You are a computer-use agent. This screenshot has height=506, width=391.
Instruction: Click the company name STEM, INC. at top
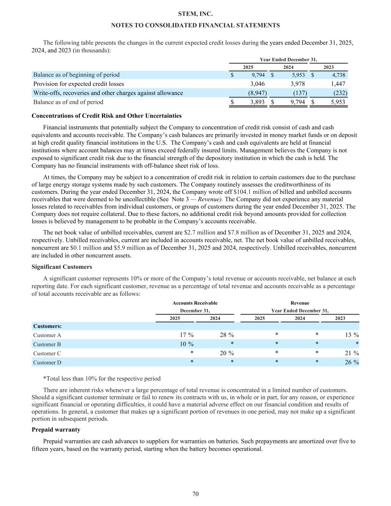[x=195, y=14]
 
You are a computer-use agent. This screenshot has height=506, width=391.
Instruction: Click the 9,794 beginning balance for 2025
[x=256, y=75]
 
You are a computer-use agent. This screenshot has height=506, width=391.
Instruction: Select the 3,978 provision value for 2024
[x=298, y=84]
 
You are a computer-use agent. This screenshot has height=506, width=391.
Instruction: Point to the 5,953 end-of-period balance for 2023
[x=338, y=102]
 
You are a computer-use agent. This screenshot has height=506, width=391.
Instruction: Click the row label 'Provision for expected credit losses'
[x=79, y=84]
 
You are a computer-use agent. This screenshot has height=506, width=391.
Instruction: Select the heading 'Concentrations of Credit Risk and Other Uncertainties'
[x=106, y=116]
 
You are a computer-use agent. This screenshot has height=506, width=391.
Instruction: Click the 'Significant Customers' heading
[x=62, y=267]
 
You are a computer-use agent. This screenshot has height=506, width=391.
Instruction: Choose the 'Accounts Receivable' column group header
[x=195, y=303]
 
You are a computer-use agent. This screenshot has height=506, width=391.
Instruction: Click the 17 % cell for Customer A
[x=186, y=335]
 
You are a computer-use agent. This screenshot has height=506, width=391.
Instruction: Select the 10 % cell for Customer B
[x=186, y=344]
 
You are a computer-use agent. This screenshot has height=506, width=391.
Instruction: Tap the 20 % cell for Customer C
[x=226, y=353]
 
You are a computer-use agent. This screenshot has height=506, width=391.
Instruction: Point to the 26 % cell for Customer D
[x=351, y=362]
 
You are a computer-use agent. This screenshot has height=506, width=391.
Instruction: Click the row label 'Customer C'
[x=47, y=353]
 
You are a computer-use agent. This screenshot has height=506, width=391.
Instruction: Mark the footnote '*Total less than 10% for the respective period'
[x=102, y=378]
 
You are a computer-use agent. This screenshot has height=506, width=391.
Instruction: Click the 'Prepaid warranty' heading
[x=56, y=430]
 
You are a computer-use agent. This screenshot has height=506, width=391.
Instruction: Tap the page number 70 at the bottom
[x=196, y=494]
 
